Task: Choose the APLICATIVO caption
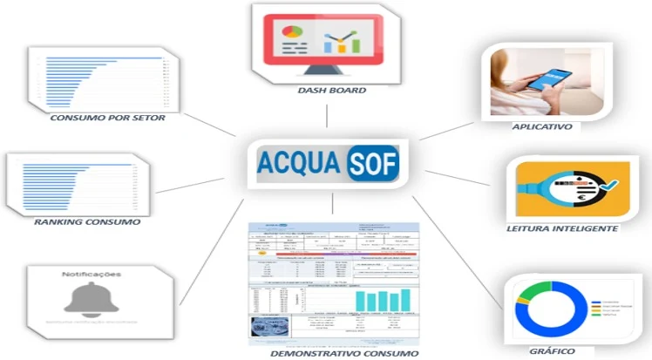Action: [x=542, y=126]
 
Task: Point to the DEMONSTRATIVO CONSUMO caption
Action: [x=331, y=353]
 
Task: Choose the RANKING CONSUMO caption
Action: [x=87, y=222]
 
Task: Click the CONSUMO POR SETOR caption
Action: [x=101, y=117]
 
